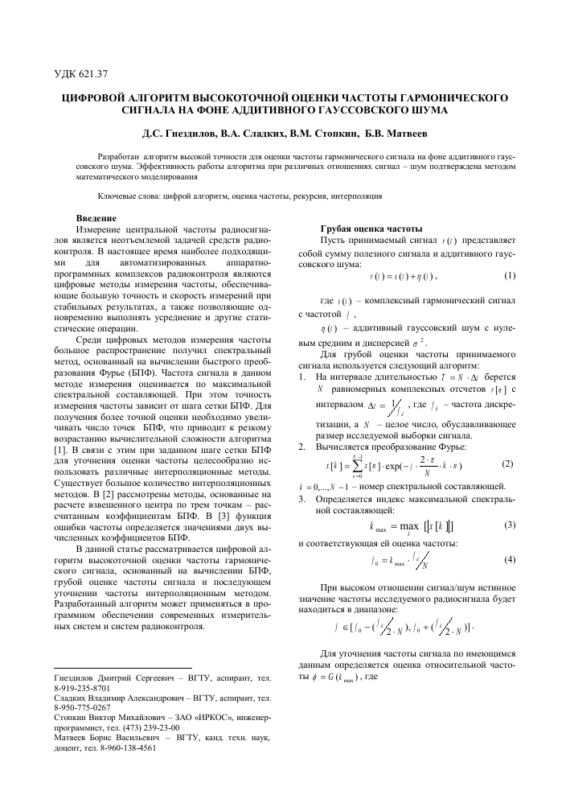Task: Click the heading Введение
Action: pos(96,218)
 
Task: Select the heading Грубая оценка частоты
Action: pos(366,229)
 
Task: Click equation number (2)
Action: pos(506,464)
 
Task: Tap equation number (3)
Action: pos(508,525)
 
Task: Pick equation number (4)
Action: pos(508,558)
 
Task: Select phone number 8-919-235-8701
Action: pos(83,690)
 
